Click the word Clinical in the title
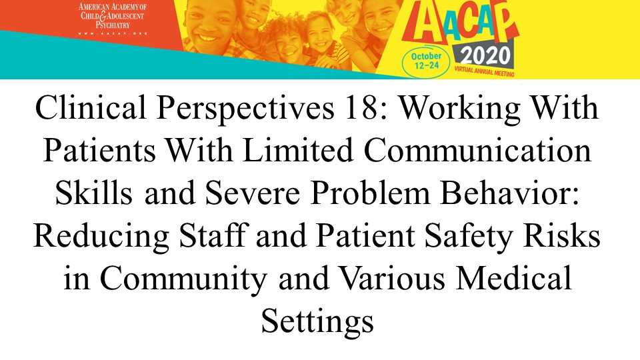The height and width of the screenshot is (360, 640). pos(90,107)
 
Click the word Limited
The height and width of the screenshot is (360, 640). pos(297,150)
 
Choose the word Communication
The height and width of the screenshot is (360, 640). pos(477,150)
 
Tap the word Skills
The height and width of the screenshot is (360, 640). pos(93,193)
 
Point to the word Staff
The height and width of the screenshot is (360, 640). pos(212,235)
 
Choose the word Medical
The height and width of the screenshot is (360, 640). pos(514,279)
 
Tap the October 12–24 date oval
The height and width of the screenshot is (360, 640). pos(426,61)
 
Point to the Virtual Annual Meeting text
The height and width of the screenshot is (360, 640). pos(484,71)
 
